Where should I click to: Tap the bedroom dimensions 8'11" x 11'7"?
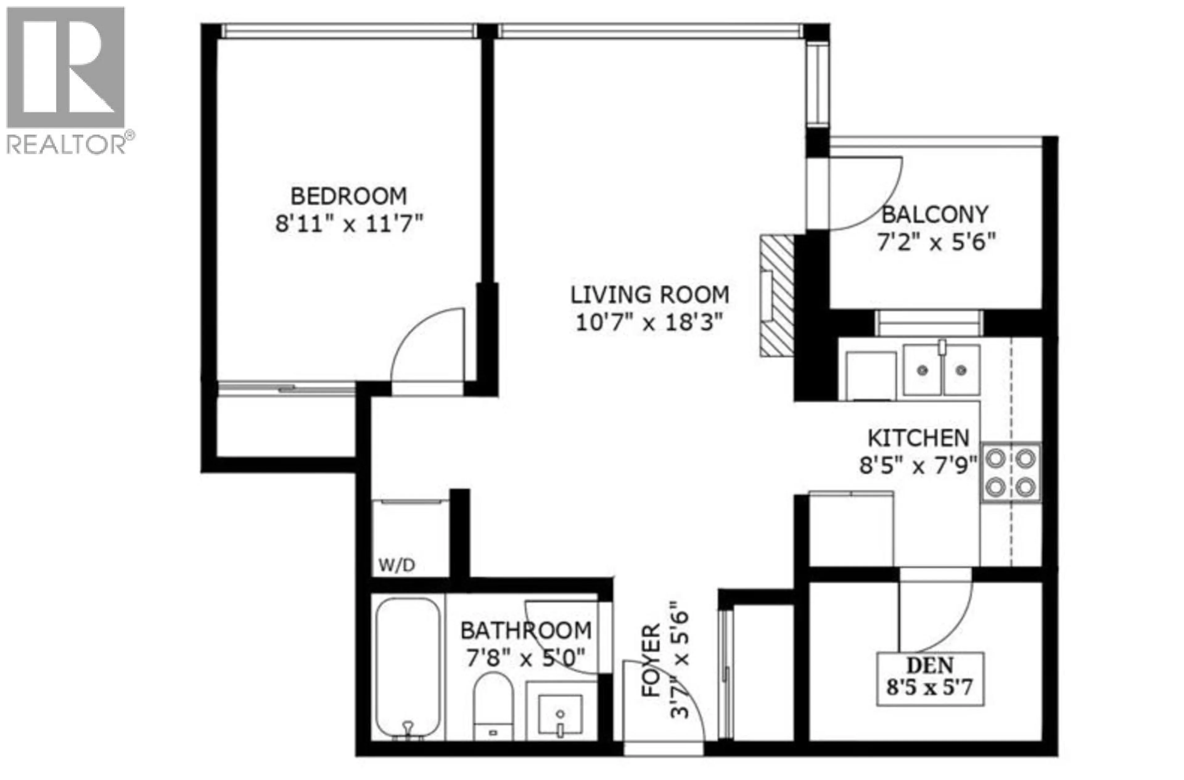click(x=349, y=223)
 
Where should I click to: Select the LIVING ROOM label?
click(x=649, y=295)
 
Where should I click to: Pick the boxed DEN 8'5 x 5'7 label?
click(x=930, y=678)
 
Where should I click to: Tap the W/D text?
click(x=397, y=565)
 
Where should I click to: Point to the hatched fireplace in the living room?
click(x=776, y=296)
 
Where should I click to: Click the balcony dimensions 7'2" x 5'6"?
click(x=936, y=243)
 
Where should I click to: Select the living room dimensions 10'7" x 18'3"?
click(x=648, y=323)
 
